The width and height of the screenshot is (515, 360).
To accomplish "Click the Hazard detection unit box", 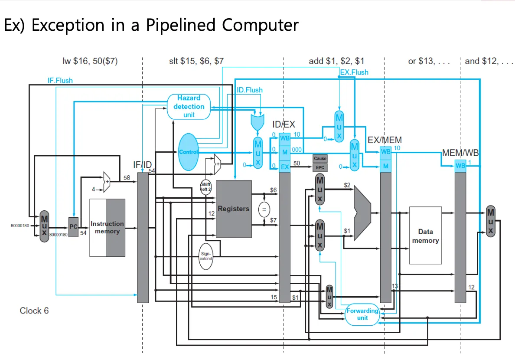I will pos(189,107).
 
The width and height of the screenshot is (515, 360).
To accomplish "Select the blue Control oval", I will pos(188,152).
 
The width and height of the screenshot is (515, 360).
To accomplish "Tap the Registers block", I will pos(234,209).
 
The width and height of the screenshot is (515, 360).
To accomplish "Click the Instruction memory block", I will pos(107,228).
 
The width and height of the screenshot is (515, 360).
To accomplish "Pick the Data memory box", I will pos(425,236).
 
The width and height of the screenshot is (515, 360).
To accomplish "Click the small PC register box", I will pos(73,227).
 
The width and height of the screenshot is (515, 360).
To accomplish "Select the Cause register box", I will pos(320,159).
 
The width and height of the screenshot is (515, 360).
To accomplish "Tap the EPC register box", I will pos(320,167).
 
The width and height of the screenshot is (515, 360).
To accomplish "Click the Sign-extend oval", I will pos(206,256).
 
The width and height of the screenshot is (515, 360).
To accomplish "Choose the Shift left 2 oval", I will pos(205,187).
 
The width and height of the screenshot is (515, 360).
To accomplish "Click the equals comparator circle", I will pos(263,209).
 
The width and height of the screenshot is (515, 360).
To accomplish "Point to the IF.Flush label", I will pos(60,80).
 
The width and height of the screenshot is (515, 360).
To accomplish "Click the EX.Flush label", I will pos(354,72).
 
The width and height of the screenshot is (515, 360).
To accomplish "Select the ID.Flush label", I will pos(250,90).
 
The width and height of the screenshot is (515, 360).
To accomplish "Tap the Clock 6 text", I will pos(34,311).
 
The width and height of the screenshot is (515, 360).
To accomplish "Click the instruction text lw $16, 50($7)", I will pos(90,61).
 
